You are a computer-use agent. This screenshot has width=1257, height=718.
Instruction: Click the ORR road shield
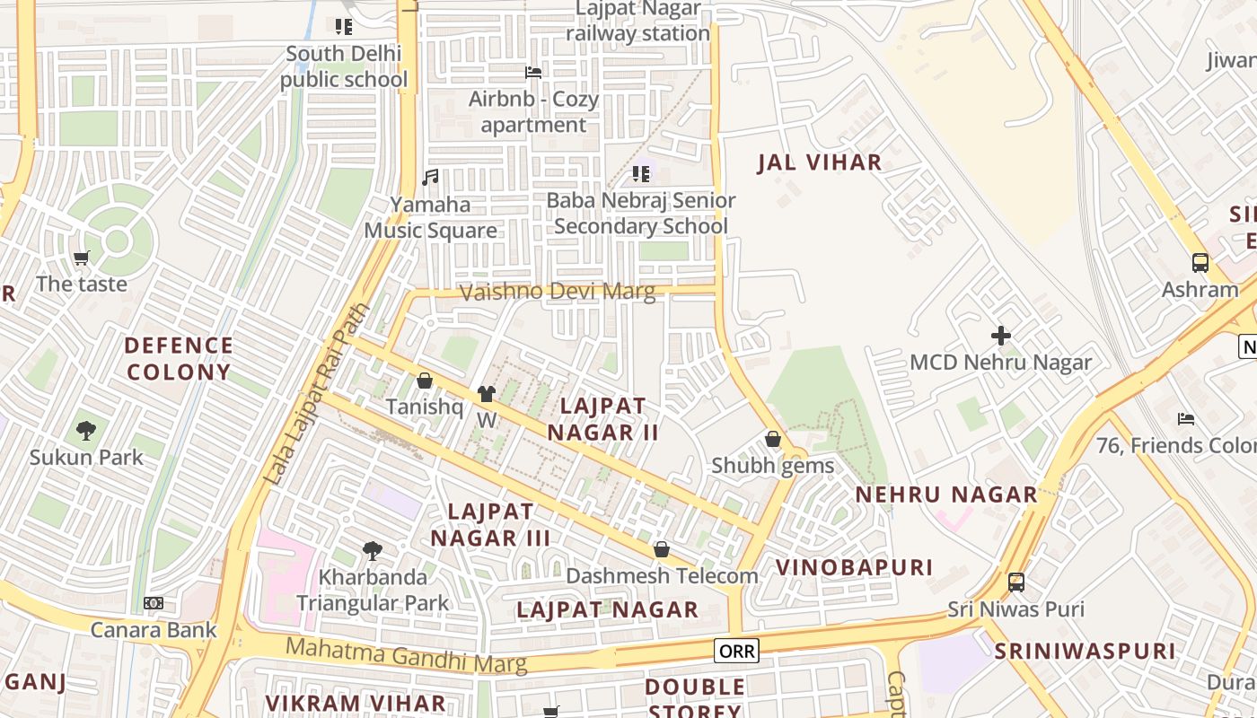[736, 651]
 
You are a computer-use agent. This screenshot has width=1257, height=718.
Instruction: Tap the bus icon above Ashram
[1200, 263]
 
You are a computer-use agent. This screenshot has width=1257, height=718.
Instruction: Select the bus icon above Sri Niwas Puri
[1015, 582]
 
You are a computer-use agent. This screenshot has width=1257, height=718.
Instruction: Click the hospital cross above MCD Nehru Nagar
[1000, 336]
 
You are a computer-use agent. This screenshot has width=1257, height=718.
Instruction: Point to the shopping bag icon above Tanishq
[425, 381]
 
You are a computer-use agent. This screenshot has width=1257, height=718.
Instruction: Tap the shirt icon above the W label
[486, 393]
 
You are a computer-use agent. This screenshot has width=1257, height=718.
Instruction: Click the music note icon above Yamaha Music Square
[431, 178]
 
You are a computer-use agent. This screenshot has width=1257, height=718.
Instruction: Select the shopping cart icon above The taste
[82, 258]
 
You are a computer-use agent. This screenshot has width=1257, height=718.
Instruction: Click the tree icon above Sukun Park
[85, 431]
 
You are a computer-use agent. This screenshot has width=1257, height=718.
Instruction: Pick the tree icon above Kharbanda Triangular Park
[373, 551]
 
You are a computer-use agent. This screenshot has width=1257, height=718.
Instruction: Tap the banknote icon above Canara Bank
[154, 603]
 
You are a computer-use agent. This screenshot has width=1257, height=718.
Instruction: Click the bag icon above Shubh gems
[772, 439]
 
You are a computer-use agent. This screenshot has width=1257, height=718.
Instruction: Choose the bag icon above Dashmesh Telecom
[662, 549]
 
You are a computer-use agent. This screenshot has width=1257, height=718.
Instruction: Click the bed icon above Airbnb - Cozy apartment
[533, 72]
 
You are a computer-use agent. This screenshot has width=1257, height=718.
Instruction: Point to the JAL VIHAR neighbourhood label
[819, 162]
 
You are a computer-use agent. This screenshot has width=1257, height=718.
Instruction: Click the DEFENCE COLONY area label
[179, 358]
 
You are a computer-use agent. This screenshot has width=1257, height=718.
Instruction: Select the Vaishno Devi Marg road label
[557, 292]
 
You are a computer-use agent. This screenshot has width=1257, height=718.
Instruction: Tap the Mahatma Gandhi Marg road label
[406, 654]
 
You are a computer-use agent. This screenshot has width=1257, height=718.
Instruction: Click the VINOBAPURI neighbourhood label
[854, 567]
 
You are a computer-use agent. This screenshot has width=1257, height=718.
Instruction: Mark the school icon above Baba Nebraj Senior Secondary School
[640, 173]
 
